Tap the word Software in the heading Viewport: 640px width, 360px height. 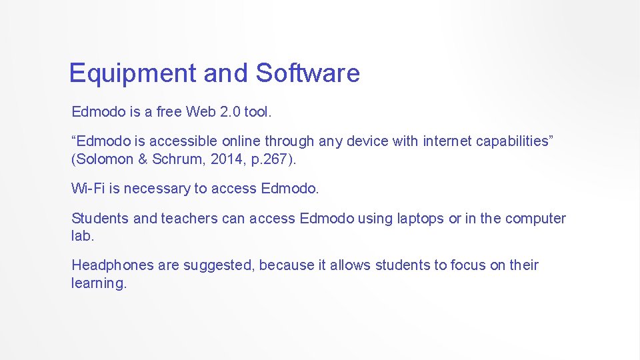(307, 73)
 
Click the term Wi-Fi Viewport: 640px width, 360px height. (88, 189)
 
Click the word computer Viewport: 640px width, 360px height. (535, 219)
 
